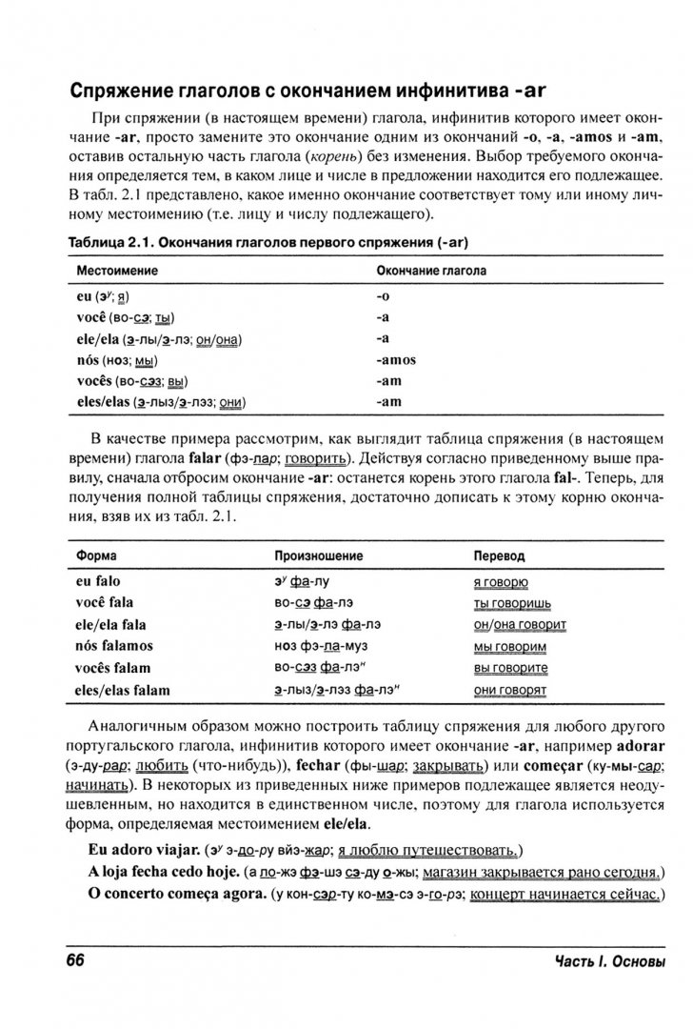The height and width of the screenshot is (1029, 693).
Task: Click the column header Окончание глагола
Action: coord(431,272)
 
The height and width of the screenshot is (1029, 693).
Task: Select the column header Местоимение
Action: coord(118,272)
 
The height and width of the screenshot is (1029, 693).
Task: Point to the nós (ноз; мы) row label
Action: coord(117,360)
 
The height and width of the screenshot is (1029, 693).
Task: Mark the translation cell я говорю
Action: coord(501,581)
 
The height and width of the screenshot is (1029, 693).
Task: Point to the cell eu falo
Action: coord(98,580)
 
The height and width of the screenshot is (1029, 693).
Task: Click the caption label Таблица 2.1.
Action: coord(109,242)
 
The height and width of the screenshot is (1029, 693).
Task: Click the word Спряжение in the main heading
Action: coord(130,91)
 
